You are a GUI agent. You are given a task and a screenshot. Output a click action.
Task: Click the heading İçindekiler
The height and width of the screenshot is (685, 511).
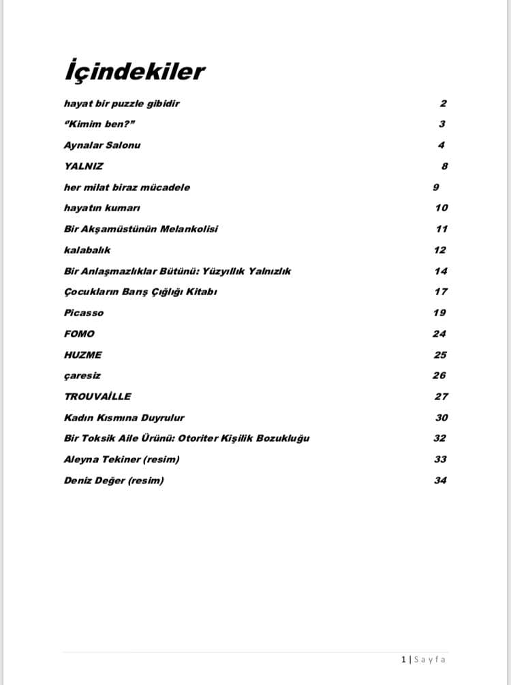134,72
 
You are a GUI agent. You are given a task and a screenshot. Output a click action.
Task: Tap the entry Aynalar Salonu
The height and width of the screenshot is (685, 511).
102,145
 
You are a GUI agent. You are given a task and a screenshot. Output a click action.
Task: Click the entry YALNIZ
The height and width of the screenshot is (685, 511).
84,166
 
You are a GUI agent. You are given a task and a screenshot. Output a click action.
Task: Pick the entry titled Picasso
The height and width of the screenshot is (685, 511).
84,313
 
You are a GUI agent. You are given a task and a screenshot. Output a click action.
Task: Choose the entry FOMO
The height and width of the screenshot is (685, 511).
79,334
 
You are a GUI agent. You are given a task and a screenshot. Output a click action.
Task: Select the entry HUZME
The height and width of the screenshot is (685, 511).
82,354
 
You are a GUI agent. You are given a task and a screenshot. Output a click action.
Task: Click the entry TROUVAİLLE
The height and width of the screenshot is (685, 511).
97,396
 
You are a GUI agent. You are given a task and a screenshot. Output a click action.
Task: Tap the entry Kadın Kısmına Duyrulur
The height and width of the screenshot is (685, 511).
124,417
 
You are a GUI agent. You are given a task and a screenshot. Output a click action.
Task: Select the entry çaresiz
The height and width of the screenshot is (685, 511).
82,376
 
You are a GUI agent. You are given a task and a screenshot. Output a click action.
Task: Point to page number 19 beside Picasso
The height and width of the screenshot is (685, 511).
439,313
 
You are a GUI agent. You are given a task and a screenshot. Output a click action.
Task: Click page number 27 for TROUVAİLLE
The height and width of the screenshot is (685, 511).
441,396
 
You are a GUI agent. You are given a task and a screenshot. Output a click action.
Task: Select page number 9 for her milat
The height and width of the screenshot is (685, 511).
436,187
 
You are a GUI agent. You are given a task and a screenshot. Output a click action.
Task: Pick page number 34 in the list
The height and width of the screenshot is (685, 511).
440,481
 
